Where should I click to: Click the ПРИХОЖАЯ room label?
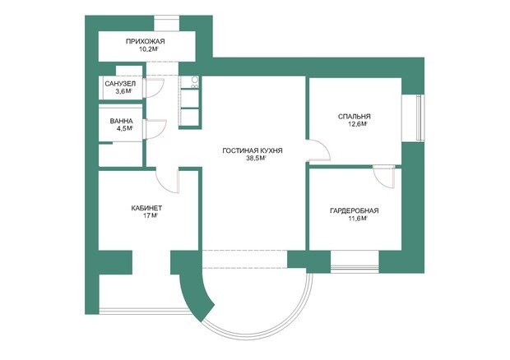[x=146, y=42]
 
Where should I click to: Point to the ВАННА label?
[x=121, y=121]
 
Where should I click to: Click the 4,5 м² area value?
[x=125, y=129]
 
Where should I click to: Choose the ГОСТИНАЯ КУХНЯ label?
[x=253, y=150]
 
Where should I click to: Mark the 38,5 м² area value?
[x=257, y=159]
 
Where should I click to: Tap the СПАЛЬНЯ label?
[x=355, y=117]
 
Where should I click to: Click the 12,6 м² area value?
[x=358, y=124]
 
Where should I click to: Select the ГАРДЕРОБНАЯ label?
[x=355, y=211]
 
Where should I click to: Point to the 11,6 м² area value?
[x=358, y=219]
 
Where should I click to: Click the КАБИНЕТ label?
[x=146, y=208]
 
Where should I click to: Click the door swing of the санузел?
[x=160, y=91]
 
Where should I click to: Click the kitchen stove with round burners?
[x=194, y=82]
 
